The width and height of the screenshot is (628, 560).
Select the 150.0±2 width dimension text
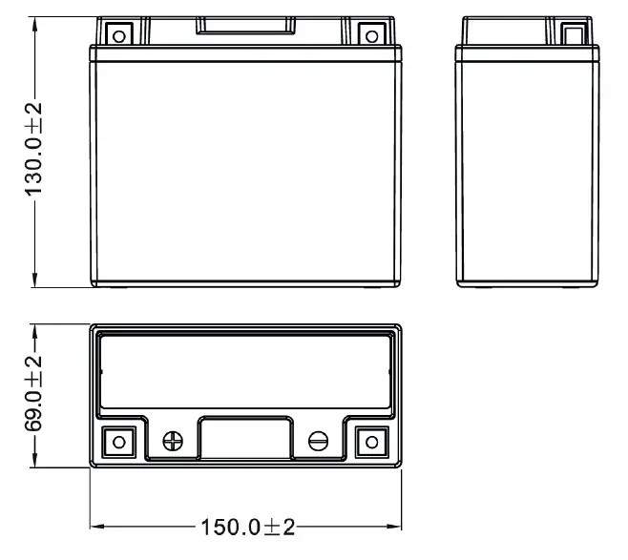[x=247, y=527]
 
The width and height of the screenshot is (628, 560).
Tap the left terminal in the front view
[x=119, y=36]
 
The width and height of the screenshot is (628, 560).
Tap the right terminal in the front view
[x=371, y=36]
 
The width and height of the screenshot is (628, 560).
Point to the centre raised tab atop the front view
[x=244, y=26]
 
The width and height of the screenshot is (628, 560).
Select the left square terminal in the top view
[x=119, y=442]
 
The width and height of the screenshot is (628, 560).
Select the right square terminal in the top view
[x=370, y=442]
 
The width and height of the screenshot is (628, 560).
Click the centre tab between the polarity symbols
[x=245, y=441]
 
